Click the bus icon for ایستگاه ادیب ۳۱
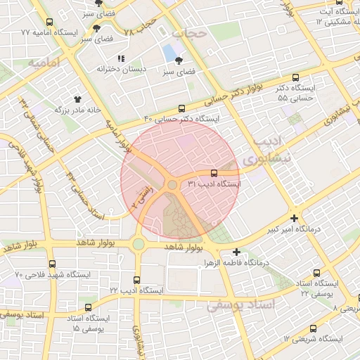214,172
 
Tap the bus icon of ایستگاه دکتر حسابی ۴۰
182,109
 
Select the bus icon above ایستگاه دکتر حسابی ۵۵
296,78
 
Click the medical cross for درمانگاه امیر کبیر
294,219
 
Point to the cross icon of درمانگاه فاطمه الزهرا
236,252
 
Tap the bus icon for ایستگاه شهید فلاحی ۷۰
53,264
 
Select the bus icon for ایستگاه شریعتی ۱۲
313,328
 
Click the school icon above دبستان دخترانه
121,58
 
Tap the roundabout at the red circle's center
172,184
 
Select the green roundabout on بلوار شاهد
138,245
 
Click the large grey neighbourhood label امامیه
41,63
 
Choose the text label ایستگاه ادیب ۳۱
214,184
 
